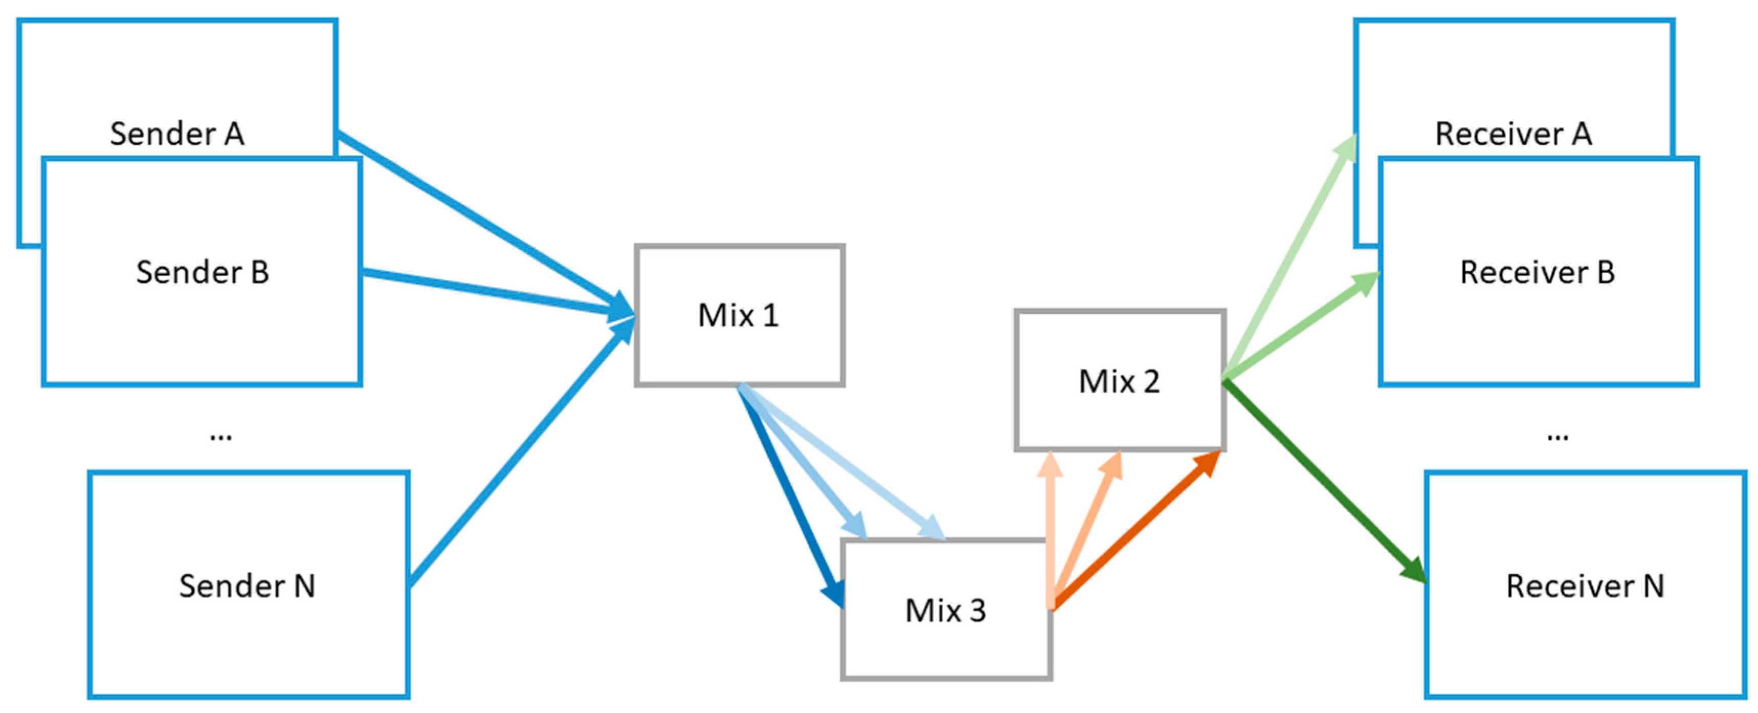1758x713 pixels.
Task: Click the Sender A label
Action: [x=177, y=134]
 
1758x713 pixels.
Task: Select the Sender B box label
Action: [x=203, y=272]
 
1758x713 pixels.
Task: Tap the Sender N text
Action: [x=247, y=586]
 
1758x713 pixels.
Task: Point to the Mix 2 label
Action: [x=1119, y=381]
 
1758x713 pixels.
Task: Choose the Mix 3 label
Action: [x=945, y=611]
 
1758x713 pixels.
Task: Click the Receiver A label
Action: [x=1513, y=134]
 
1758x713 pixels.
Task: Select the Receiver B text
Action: [x=1537, y=272]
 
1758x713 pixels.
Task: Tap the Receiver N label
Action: [x=1585, y=586]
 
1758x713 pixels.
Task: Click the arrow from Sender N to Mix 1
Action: [x=519, y=454]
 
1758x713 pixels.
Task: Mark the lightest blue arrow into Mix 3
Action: [x=846, y=464]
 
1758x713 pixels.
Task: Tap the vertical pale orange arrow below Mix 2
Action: [x=1050, y=533]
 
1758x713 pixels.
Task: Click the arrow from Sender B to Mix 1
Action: [x=492, y=292]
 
